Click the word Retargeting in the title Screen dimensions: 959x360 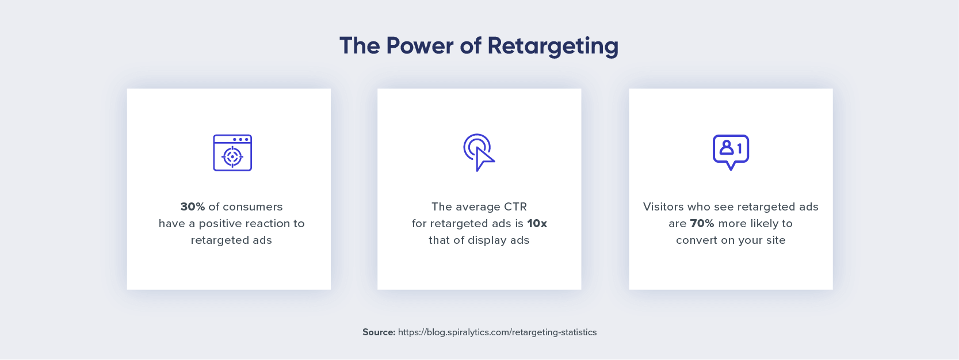click(553, 46)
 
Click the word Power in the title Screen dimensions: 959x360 click(419, 45)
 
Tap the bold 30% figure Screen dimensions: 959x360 click(193, 207)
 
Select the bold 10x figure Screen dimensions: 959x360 click(537, 224)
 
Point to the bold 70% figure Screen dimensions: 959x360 click(702, 224)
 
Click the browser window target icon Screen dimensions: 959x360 click(232, 153)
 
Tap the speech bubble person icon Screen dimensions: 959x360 click(731, 152)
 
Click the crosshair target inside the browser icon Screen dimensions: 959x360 click(232, 157)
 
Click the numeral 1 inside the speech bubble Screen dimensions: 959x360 click(739, 148)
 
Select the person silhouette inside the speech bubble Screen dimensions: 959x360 click(726, 147)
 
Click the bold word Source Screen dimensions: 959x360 click(379, 332)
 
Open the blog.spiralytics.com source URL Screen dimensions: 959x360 click(497, 332)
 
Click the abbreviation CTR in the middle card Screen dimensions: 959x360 click(514, 207)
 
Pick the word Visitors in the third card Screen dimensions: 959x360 click(664, 207)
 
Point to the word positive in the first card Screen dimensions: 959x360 click(221, 224)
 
